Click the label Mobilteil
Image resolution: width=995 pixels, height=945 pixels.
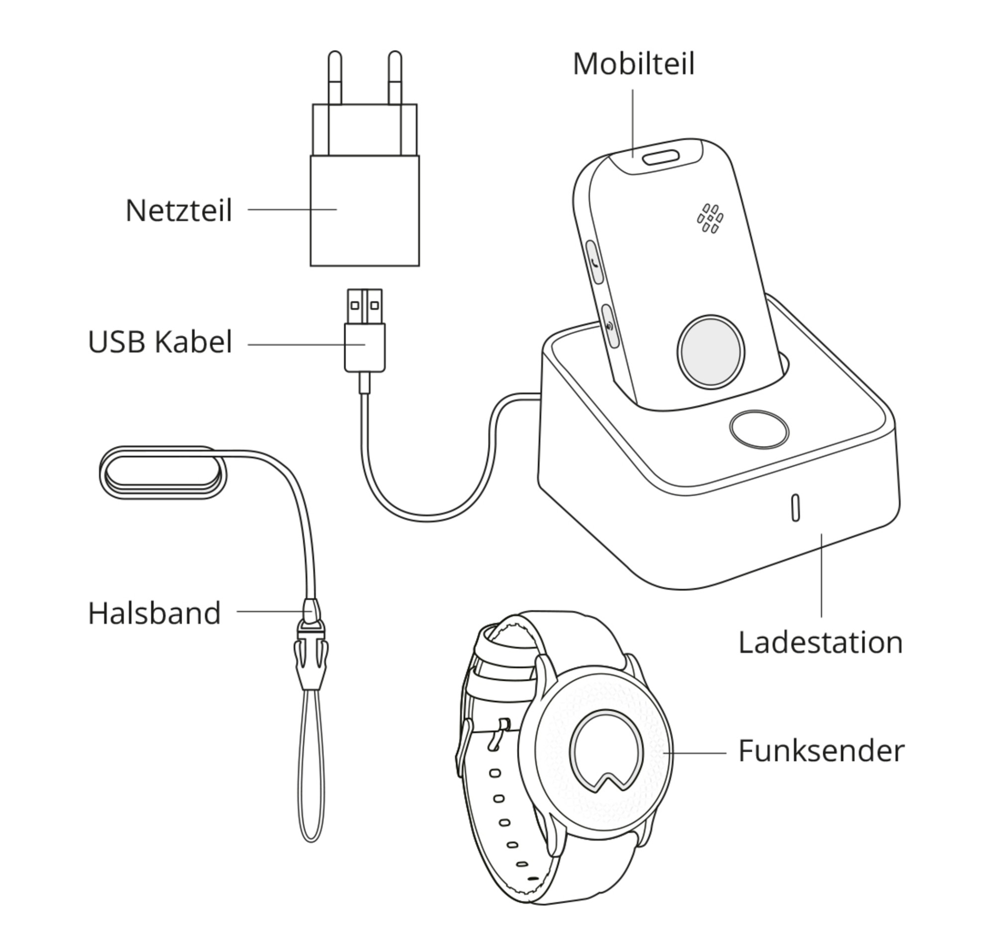click(633, 65)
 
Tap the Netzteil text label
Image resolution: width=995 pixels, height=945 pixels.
click(179, 210)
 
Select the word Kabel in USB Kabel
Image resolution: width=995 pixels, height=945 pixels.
click(193, 342)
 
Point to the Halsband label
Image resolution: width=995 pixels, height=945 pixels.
click(155, 613)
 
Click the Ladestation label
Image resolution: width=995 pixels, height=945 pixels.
click(821, 643)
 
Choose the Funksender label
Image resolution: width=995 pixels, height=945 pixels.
click(822, 751)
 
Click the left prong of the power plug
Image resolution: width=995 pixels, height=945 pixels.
click(334, 78)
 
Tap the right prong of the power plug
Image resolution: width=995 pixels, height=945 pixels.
click(395, 78)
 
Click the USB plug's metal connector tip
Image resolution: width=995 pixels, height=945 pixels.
click(364, 306)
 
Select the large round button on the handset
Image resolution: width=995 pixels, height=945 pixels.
click(711, 352)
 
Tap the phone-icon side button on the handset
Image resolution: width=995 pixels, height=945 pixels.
click(595, 262)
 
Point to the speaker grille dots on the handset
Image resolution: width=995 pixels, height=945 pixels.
click(710, 218)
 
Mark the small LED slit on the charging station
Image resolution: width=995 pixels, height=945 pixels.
click(796, 508)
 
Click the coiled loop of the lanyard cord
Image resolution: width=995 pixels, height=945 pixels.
click(163, 473)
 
